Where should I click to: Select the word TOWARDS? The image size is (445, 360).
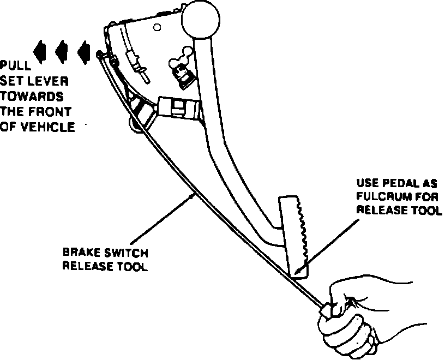click(x=32, y=97)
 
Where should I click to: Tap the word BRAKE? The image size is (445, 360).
click(x=80, y=254)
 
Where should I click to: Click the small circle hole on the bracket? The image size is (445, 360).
click(x=157, y=26)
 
